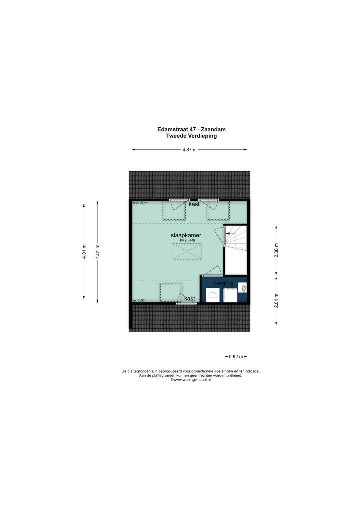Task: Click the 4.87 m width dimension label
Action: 189,150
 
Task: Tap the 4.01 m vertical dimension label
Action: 84,251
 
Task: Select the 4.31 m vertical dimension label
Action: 97,251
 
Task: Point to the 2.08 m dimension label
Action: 276,250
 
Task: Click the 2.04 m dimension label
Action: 276,301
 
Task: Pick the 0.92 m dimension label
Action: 236,357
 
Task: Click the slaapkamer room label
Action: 186,235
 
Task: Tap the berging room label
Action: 223,284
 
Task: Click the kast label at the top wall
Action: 194,204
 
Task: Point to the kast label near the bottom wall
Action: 190,299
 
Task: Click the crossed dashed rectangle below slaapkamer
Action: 187,251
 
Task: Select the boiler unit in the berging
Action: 242,288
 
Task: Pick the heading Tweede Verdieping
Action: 191,136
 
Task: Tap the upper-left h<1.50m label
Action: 140,203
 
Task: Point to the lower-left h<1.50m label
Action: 140,301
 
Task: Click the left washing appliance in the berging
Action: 213,295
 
